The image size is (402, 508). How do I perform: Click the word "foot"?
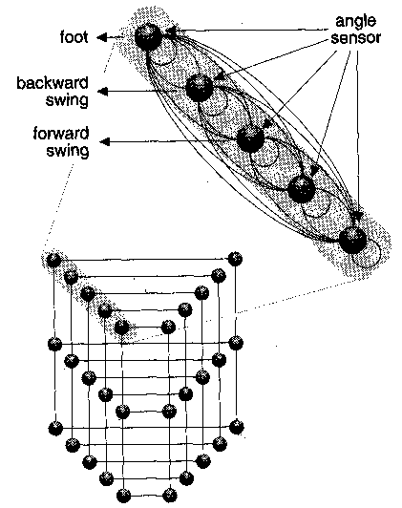(74, 36)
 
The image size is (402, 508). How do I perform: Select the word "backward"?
(53, 83)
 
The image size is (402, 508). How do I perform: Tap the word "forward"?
(61, 134)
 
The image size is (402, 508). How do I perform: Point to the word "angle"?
(355, 22)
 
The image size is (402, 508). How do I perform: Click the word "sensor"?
(355, 38)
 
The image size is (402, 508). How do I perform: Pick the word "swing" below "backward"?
(67, 99)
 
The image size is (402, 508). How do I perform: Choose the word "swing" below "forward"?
(68, 151)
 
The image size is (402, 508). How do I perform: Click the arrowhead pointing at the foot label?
(102, 37)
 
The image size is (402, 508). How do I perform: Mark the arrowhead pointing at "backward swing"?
(103, 92)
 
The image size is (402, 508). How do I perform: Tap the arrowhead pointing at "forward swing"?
(104, 141)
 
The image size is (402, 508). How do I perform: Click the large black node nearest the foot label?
(148, 36)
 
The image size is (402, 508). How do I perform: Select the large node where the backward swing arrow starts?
(200, 88)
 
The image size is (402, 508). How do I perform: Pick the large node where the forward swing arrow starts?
(250, 139)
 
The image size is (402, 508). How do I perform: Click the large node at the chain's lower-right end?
(352, 240)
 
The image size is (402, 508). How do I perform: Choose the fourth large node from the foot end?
(302, 189)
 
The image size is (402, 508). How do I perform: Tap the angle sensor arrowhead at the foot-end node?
(170, 31)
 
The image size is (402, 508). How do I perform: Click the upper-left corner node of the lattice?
(53, 260)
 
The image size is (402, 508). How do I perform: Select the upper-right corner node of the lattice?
(235, 259)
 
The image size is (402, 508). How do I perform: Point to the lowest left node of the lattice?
(123, 496)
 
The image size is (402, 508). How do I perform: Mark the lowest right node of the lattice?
(169, 495)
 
